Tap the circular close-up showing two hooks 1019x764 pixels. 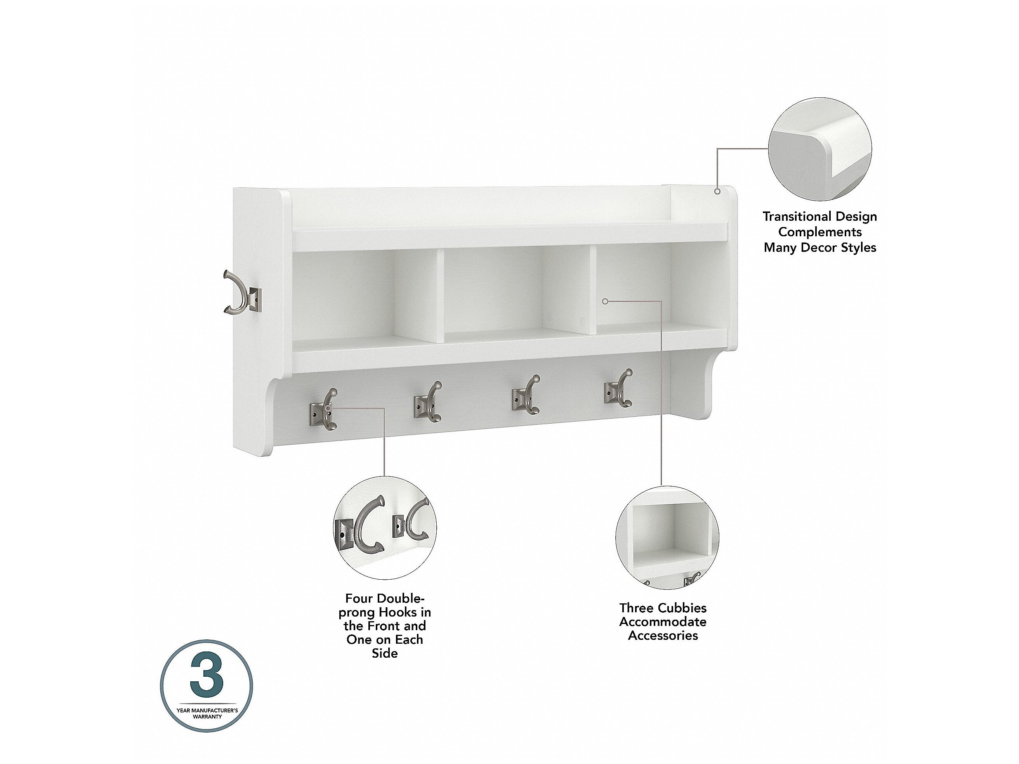[x=385, y=528]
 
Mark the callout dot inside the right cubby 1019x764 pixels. [x=605, y=301]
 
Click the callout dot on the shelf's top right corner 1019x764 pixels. [x=717, y=191]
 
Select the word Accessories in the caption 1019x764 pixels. [x=663, y=636]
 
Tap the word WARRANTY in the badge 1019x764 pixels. [x=207, y=717]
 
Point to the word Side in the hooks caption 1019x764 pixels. [x=385, y=653]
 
